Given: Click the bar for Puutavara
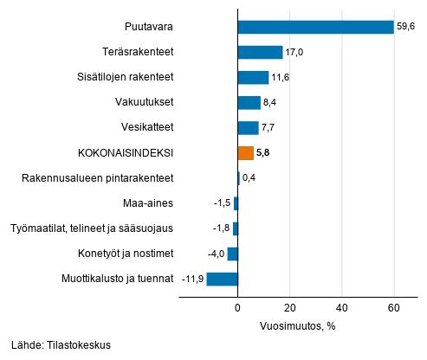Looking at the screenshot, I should (x=315, y=27).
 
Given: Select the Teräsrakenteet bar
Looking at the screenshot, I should (x=260, y=52).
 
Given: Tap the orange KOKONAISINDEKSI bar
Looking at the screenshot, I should (x=245, y=153).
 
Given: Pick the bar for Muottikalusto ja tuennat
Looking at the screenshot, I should (x=222, y=279).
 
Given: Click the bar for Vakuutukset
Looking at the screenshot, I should (x=249, y=103).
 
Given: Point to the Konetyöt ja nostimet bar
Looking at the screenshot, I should (x=232, y=254).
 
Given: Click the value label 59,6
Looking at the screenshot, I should (x=408, y=27).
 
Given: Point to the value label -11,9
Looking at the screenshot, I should (x=191, y=280).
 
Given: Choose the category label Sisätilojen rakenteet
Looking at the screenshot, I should (x=125, y=78).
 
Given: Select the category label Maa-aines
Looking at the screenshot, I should (x=149, y=204).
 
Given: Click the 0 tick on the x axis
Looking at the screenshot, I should (x=237, y=307).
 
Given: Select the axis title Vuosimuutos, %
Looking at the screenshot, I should (x=297, y=326).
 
